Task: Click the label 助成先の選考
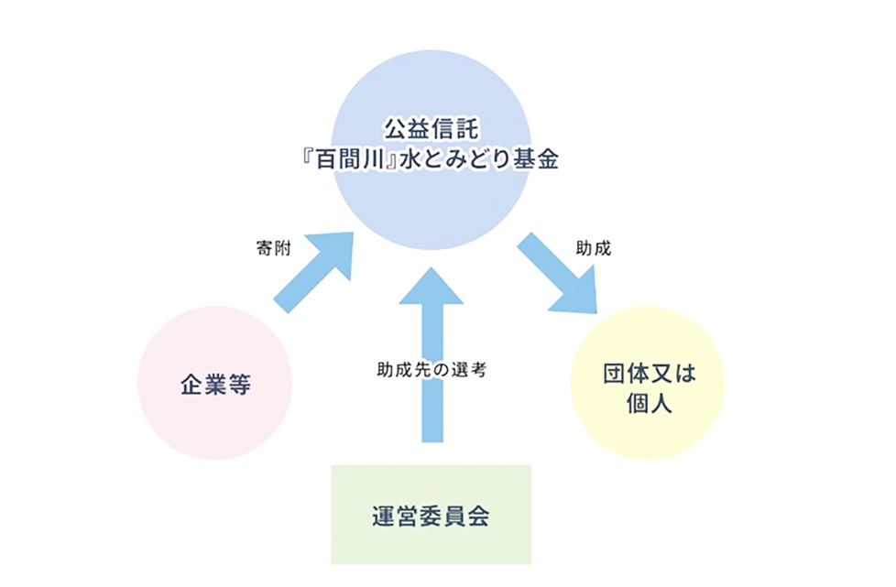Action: pos(431,371)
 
